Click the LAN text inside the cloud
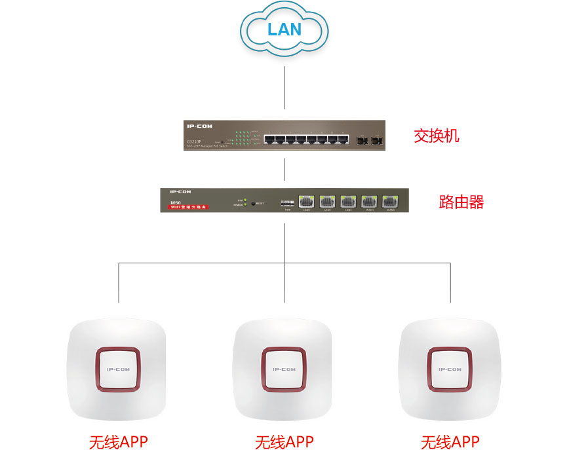[x=284, y=29]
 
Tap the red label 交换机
[x=437, y=136]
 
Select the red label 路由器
[x=461, y=202]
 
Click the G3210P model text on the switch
[x=195, y=141]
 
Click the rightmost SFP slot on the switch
[x=376, y=140]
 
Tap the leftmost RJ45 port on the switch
[x=270, y=139]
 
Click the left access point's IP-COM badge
[x=119, y=369]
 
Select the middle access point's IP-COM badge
[x=284, y=369]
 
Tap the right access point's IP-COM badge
[x=450, y=369]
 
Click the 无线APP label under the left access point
[x=119, y=441]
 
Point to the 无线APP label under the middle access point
[x=284, y=441]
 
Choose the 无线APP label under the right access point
[x=450, y=441]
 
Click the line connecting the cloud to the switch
[x=284, y=85]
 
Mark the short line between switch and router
[x=284, y=169]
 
